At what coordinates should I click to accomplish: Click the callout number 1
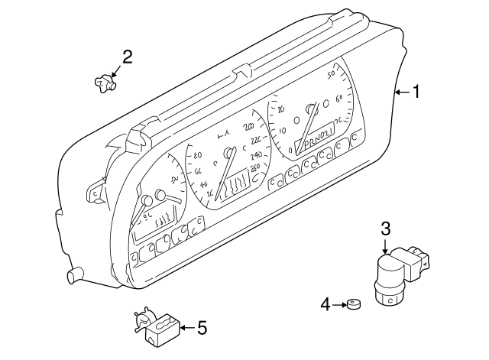pyautogui.click(x=416, y=92)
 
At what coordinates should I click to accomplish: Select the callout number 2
pyautogui.click(x=127, y=55)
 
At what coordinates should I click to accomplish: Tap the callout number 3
pyautogui.click(x=386, y=228)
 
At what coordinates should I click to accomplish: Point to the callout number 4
pyautogui.click(x=325, y=305)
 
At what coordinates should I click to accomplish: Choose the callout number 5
pyautogui.click(x=202, y=328)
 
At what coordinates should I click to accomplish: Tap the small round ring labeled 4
pyautogui.click(x=353, y=306)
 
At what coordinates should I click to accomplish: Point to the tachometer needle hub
pyautogui.click(x=312, y=109)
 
